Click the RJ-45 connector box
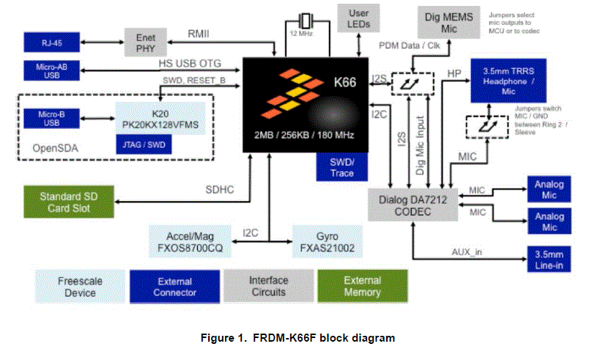point(50,42)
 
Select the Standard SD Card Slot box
point(68,202)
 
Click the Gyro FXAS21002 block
point(330,243)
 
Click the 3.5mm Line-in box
point(549,257)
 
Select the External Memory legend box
point(362,287)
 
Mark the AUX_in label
point(468,251)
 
